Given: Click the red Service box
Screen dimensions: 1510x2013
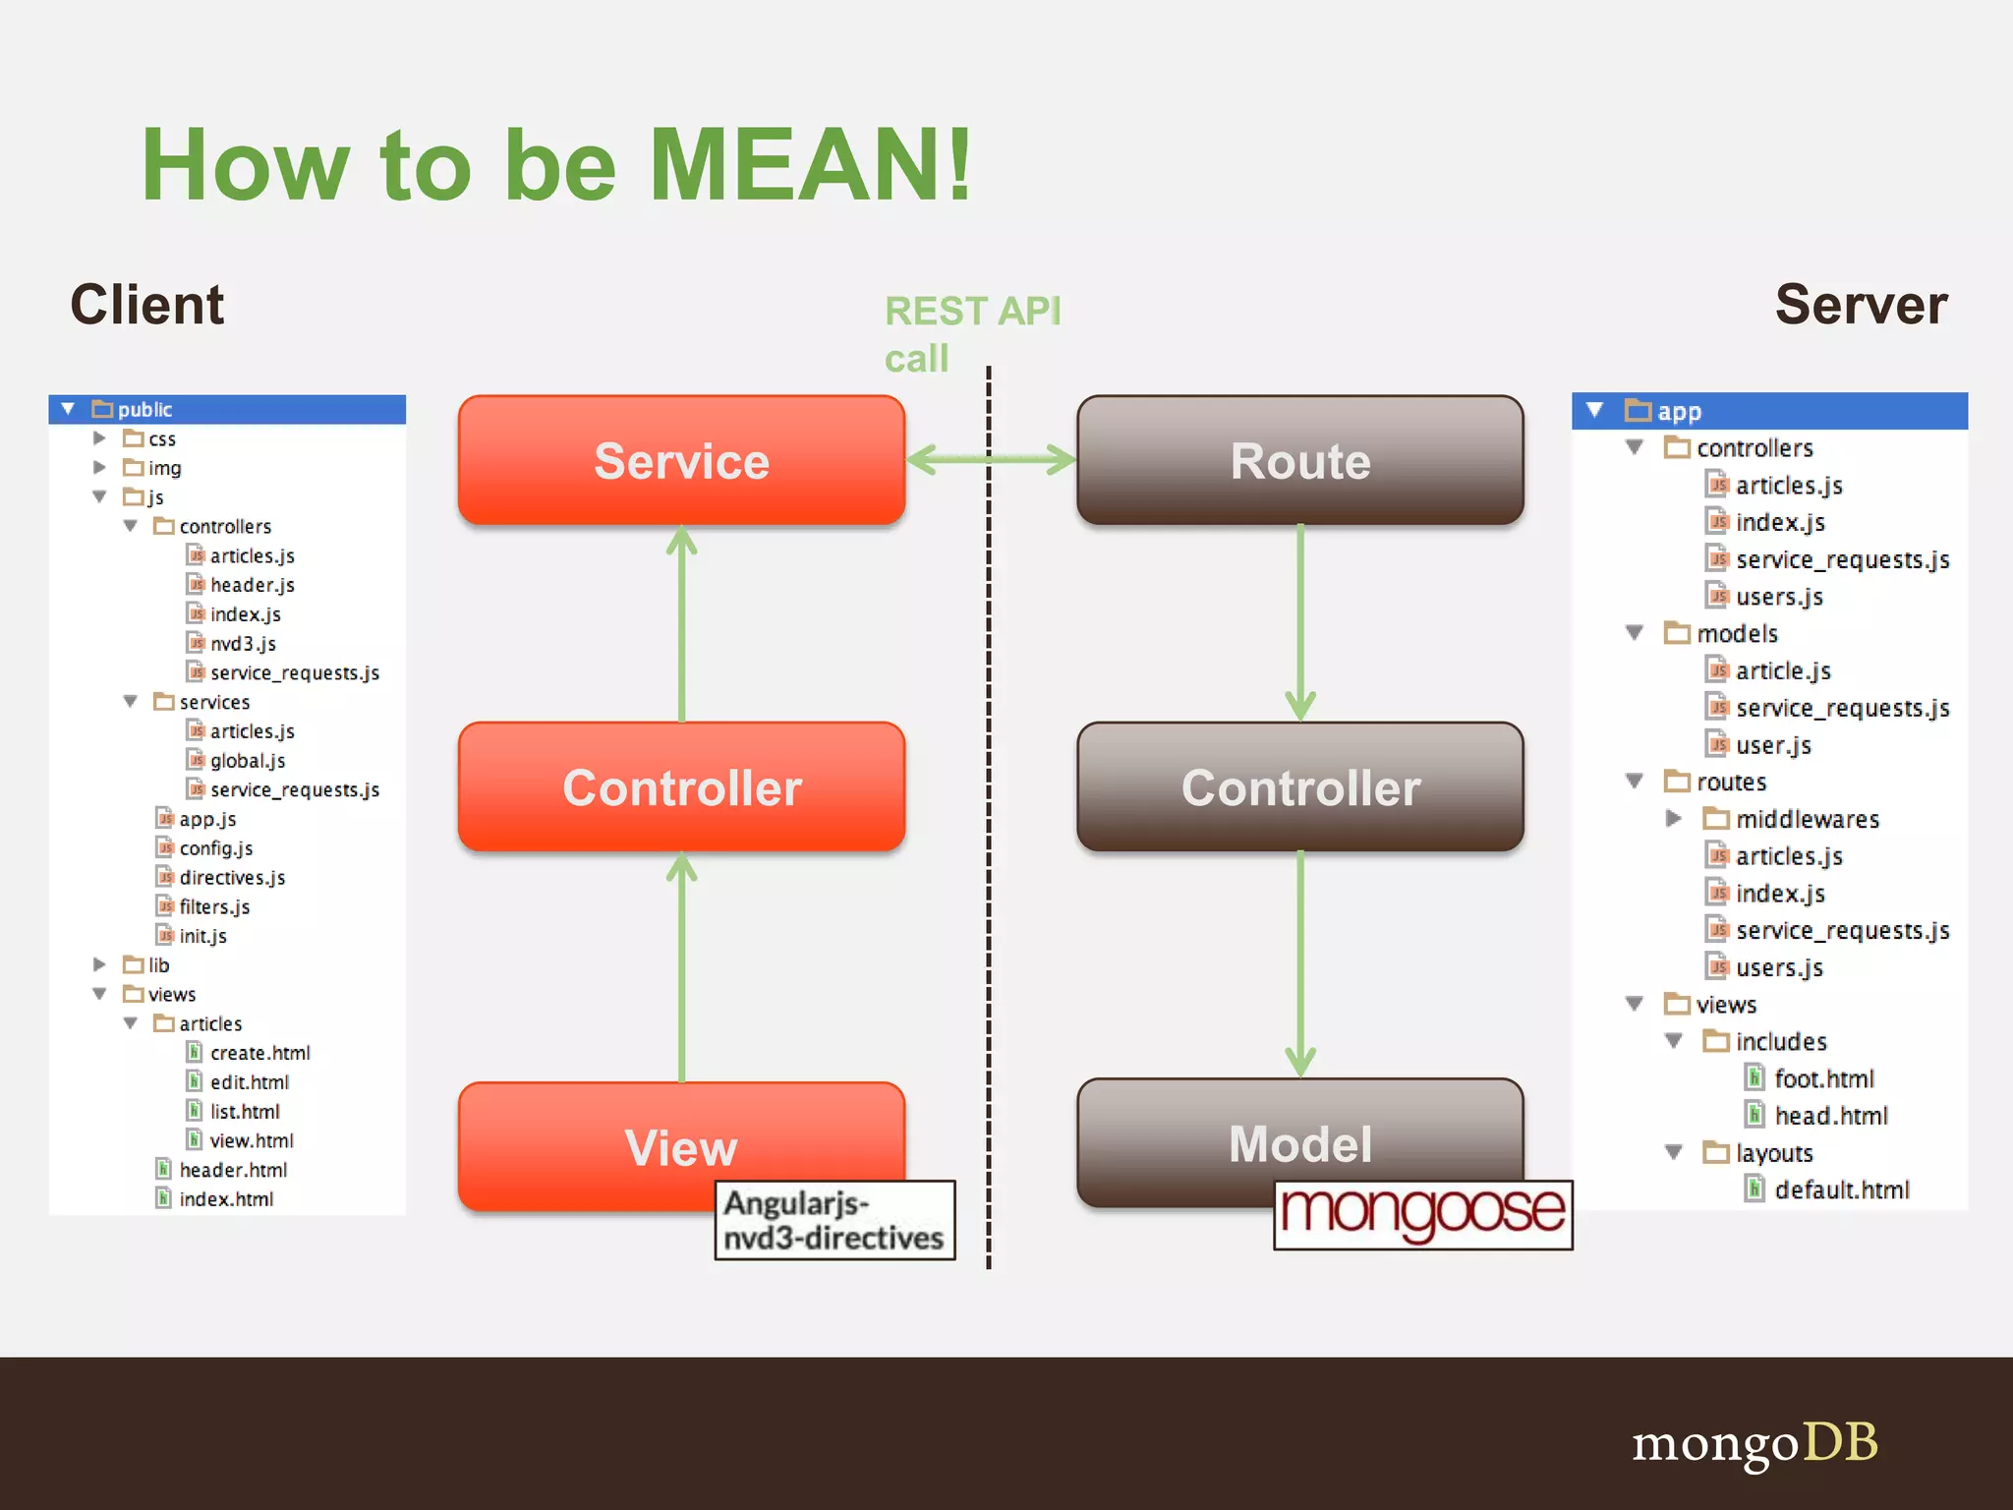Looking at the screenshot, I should click(x=681, y=460).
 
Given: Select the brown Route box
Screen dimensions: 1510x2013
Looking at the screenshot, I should click(x=1299, y=460).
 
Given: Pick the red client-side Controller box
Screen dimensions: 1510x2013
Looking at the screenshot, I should click(x=681, y=786).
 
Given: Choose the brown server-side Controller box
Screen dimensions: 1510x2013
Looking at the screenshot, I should click(x=1299, y=786).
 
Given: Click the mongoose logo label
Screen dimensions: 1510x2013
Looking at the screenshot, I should click(x=1422, y=1214).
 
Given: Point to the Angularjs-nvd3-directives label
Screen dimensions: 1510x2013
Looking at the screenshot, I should click(x=834, y=1220).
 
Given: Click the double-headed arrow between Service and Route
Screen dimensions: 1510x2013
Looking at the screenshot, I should click(x=990, y=459).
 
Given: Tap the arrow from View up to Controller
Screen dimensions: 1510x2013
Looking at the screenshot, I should click(x=681, y=968).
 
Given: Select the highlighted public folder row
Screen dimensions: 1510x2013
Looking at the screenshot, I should click(x=227, y=409).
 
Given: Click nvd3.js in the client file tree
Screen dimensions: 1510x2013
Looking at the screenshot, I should click(x=243, y=643).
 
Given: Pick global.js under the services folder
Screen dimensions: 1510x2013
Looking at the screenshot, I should click(x=247, y=760).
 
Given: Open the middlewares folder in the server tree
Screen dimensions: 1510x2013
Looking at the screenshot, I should click(x=1806, y=819).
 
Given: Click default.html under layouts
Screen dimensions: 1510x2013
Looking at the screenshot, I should click(x=1840, y=1190).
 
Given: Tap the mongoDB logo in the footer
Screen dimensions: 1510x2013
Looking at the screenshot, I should click(x=1754, y=1442).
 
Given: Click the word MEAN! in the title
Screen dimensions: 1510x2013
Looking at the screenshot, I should click(x=810, y=165).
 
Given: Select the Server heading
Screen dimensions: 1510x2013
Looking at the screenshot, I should click(x=1860, y=304).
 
